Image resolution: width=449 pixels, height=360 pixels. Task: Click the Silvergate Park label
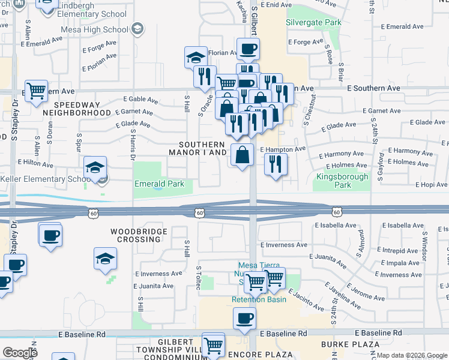[x=313, y=23]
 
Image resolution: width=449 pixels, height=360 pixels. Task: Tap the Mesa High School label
[x=95, y=29]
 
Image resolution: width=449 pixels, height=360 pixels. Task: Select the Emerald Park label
[x=159, y=184]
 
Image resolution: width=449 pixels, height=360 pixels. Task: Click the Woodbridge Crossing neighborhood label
[x=136, y=235]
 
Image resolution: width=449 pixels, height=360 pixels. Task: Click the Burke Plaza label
[x=350, y=344]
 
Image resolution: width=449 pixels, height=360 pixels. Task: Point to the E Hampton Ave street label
[x=283, y=149]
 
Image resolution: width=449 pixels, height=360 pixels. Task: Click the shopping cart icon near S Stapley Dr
[x=36, y=91]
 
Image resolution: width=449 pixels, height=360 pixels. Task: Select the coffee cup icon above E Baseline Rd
[x=244, y=319]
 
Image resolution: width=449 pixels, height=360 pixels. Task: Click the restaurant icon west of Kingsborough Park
[x=276, y=164]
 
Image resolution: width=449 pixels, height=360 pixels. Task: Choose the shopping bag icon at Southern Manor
[x=241, y=155]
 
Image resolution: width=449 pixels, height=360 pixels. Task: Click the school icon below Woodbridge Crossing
[x=106, y=259]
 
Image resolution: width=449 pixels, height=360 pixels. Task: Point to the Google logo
[x=20, y=353]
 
